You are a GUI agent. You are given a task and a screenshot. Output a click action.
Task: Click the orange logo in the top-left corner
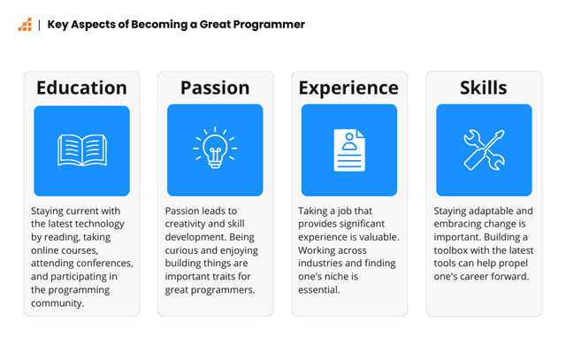point(24,25)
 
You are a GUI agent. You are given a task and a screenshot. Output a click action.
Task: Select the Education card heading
point(81,88)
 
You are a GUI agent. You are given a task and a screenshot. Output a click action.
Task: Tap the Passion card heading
point(215,88)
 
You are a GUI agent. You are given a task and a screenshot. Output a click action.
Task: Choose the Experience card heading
point(348,88)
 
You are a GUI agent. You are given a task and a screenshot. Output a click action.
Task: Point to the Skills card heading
point(483,88)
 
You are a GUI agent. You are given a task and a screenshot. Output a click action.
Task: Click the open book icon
point(81,149)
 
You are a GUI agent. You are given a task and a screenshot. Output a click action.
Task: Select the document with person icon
point(348,149)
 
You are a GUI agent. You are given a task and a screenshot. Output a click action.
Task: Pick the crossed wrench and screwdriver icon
point(483,149)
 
